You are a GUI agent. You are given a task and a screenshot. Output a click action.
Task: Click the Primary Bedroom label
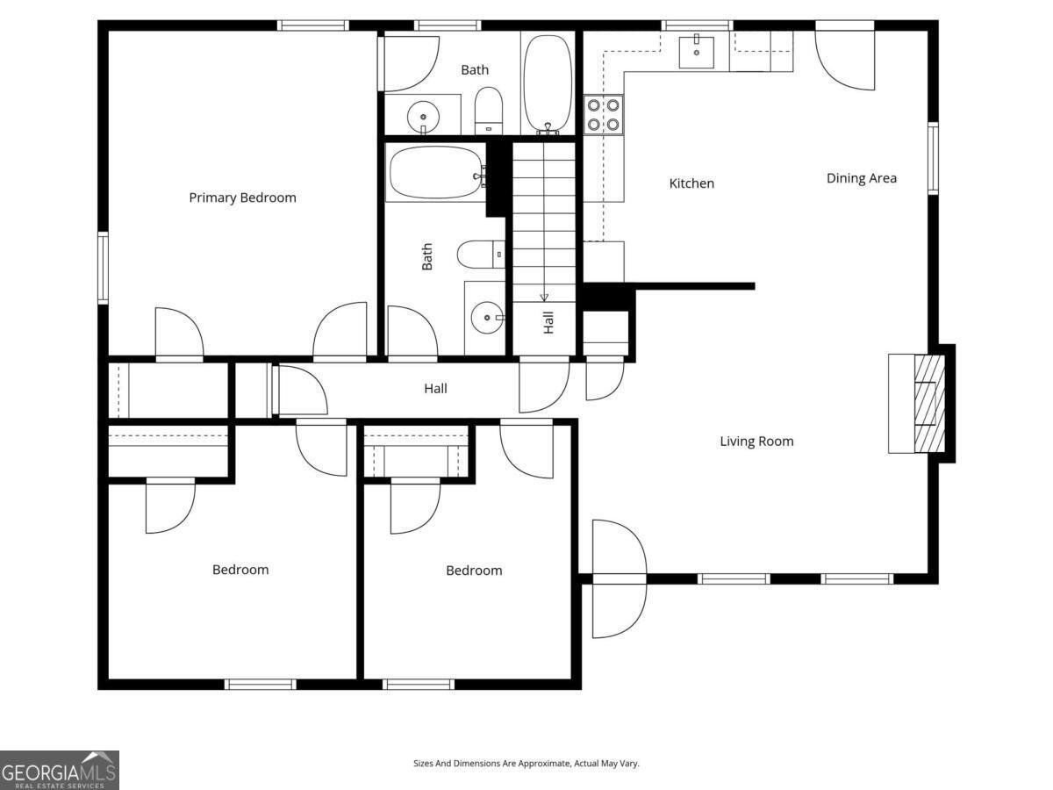(x=242, y=197)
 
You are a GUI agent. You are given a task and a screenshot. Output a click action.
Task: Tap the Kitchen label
(x=691, y=183)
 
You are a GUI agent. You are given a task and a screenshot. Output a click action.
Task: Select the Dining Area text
(x=861, y=178)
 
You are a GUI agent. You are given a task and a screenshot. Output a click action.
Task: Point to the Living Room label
(x=756, y=442)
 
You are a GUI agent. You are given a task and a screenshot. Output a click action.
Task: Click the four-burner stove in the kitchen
(x=603, y=115)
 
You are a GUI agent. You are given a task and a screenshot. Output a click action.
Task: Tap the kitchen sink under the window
(x=696, y=52)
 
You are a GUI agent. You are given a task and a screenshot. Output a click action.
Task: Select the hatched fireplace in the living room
(x=929, y=404)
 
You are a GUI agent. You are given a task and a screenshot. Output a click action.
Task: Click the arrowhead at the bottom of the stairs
(x=544, y=298)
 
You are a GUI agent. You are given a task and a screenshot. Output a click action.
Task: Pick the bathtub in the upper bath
(x=548, y=83)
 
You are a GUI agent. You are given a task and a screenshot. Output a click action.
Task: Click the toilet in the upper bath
(x=489, y=111)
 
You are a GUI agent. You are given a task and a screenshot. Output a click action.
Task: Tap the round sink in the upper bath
(x=423, y=117)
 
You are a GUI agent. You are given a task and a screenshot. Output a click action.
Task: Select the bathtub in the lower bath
(x=436, y=173)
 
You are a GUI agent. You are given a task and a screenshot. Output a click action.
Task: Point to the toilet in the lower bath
(x=481, y=255)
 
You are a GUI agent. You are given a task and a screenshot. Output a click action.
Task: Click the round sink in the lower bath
(x=487, y=318)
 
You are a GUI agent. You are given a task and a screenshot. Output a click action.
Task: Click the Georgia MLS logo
(x=60, y=771)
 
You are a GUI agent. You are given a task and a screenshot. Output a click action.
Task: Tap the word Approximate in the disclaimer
(x=546, y=763)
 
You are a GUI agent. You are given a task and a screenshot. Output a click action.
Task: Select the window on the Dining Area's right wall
(x=933, y=158)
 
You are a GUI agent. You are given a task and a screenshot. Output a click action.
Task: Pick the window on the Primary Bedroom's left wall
(x=103, y=268)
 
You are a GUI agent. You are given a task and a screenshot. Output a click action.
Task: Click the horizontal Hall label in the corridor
(x=435, y=389)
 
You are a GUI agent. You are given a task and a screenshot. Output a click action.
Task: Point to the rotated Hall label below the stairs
(x=548, y=322)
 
